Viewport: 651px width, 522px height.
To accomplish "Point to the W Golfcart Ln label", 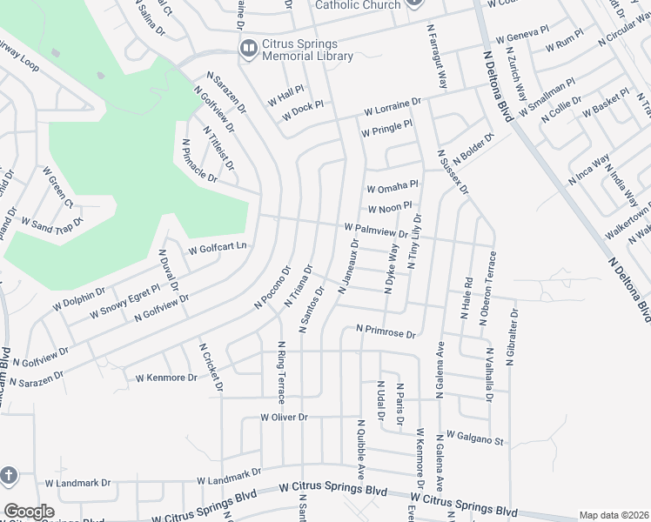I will coord(213,247).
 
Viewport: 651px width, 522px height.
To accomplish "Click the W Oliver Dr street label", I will coord(285,418).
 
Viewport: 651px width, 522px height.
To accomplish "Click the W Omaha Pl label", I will coord(393,187).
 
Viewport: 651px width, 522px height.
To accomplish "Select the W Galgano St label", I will coord(475,438).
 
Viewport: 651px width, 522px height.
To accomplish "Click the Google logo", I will coord(29,511).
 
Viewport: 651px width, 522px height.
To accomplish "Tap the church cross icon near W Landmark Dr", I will coord(9,476).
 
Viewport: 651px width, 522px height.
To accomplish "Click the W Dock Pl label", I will coord(296,109).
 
